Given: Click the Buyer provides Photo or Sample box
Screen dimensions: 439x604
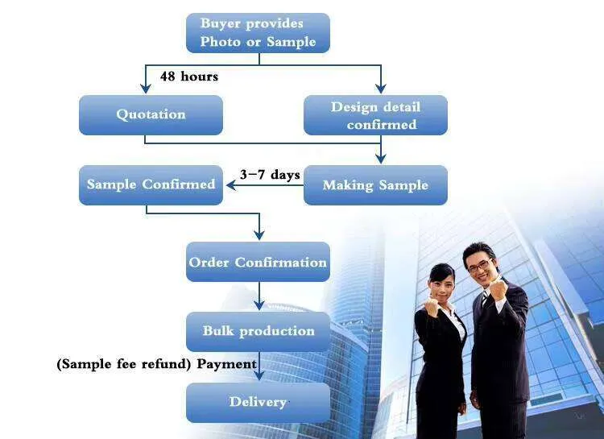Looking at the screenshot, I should click(x=258, y=33).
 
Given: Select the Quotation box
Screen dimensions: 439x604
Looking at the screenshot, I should click(x=151, y=114).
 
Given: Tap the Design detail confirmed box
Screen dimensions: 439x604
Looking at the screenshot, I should click(x=375, y=115).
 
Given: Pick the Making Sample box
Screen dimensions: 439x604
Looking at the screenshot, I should click(x=375, y=185).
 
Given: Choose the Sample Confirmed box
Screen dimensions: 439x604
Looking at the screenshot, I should click(x=151, y=184).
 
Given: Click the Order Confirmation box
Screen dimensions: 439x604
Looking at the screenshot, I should click(x=258, y=262).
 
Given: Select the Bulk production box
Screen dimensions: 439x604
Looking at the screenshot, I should click(x=258, y=331).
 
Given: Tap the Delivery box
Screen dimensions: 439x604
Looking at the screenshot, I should click(x=258, y=402).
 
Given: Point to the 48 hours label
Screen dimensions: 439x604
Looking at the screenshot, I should click(x=189, y=77).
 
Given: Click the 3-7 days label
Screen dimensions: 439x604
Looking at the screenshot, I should click(x=270, y=175).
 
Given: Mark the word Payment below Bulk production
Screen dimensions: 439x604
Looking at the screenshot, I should click(x=227, y=364).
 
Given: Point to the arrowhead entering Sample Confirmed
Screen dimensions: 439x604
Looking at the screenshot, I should click(x=230, y=185).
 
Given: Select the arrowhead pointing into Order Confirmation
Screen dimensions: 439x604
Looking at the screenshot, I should click(x=259, y=235).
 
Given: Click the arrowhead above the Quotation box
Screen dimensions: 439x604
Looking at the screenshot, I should click(x=145, y=89).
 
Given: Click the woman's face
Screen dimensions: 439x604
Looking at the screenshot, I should click(x=444, y=281).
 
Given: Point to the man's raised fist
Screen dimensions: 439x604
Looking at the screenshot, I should click(x=499, y=288).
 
